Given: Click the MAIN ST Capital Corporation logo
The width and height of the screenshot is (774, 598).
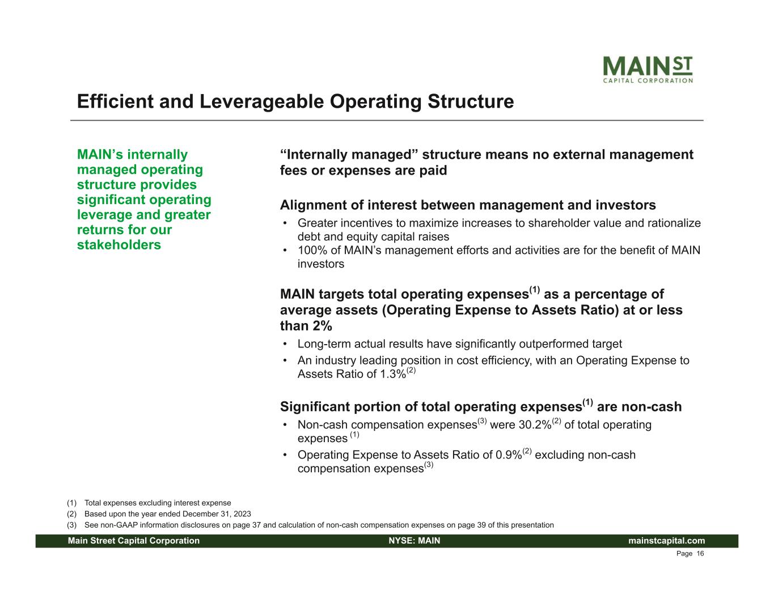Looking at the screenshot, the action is point(648,70).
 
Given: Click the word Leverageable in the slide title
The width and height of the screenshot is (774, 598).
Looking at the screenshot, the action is point(262,101).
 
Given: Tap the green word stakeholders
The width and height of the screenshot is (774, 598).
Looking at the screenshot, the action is point(119,245).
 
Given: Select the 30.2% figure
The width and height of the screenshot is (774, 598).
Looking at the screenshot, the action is point(535,425).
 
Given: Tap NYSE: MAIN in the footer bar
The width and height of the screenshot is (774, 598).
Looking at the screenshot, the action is point(415,541).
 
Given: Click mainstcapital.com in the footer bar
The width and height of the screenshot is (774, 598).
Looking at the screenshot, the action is point(666,541).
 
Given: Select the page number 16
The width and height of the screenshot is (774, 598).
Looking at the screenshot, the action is point(700,554).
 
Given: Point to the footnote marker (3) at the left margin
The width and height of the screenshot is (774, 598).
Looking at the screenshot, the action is point(71,525).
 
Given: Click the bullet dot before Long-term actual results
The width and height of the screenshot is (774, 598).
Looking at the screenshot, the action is point(285,344).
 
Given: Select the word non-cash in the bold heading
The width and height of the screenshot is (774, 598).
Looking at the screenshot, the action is point(639,407).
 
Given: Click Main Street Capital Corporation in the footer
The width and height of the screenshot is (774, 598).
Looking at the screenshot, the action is point(134,541).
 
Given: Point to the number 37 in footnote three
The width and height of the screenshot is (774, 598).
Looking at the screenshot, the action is point(256,525).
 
